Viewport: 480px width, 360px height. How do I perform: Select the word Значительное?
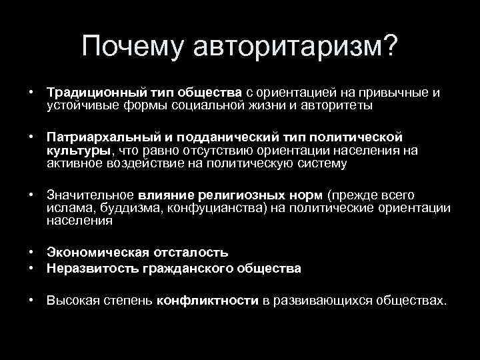[91, 195]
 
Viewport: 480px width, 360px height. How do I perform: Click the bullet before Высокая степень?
[32, 301]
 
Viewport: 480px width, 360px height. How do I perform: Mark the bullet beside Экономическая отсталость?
[32, 253]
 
